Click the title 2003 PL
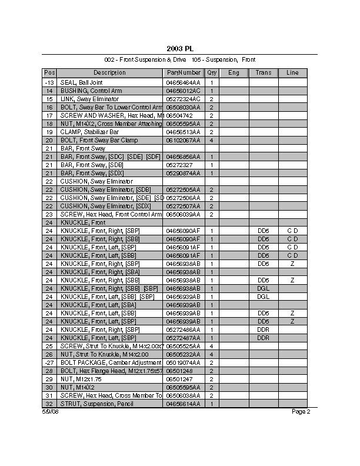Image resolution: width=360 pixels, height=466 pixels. [x=179, y=48]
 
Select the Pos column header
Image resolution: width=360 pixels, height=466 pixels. [x=49, y=73]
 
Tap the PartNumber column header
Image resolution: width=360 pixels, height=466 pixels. [x=183, y=73]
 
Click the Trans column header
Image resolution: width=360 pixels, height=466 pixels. [x=263, y=73]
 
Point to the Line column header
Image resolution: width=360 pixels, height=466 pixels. [x=292, y=73]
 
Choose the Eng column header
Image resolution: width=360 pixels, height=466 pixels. [x=234, y=73]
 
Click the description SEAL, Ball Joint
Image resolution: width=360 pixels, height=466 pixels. [x=82, y=83]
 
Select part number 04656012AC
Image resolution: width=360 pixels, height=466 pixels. [x=183, y=91]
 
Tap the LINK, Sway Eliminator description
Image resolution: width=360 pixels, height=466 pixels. [x=89, y=99]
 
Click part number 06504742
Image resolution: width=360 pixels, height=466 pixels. [x=179, y=116]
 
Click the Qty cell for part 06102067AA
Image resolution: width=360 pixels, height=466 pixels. [x=211, y=141]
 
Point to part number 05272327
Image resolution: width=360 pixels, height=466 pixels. [x=179, y=165]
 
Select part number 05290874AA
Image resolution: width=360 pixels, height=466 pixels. [x=183, y=174]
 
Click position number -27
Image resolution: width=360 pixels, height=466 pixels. [x=49, y=363]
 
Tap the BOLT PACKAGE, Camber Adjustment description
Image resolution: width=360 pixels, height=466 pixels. [x=111, y=363]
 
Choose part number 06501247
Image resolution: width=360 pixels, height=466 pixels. [x=179, y=380]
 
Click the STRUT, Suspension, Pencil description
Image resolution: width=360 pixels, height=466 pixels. [x=98, y=404]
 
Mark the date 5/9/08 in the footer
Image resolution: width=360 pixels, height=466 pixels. [x=51, y=412]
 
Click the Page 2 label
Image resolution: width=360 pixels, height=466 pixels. [x=301, y=412]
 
